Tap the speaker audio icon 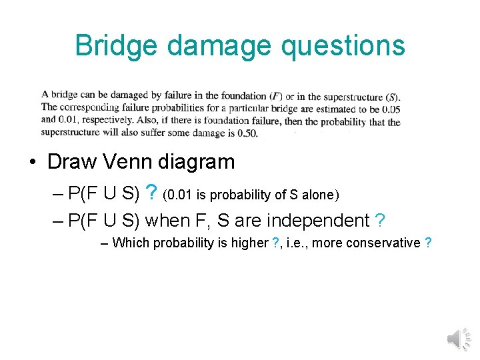[457, 339]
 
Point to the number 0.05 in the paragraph [389, 109]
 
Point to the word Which [131, 243]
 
